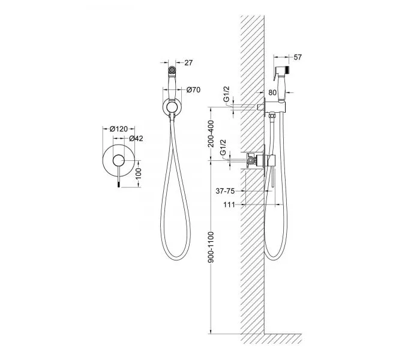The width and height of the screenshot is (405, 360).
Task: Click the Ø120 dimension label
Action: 119,128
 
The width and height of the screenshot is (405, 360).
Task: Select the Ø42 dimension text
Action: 136,139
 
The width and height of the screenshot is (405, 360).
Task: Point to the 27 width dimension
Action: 188,63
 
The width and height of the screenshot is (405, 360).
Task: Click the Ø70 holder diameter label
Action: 193,90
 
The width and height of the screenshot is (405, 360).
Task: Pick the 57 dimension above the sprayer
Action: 298,57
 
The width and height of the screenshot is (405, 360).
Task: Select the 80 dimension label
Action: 272,92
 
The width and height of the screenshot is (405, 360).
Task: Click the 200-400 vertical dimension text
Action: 211,134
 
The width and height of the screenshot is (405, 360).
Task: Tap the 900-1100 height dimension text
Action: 211,247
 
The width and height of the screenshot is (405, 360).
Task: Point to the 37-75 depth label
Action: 225,191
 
